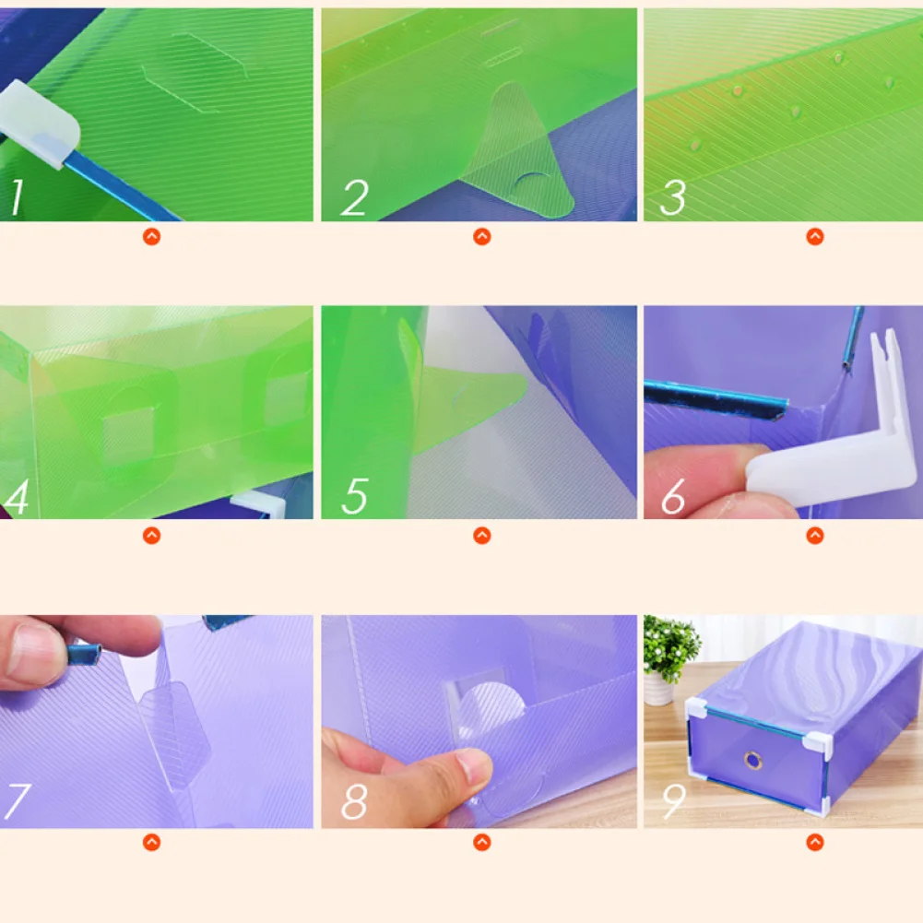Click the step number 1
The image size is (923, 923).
click(17, 196)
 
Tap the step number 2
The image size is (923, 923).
click(355, 197)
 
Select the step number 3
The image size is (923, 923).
click(673, 197)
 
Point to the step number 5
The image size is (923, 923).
click(355, 496)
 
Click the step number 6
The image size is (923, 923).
click(673, 496)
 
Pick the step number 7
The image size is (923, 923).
click(17, 801)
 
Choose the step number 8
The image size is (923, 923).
click(354, 801)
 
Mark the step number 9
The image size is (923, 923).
click(674, 801)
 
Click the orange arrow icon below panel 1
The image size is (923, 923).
click(152, 237)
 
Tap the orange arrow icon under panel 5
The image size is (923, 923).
click(482, 536)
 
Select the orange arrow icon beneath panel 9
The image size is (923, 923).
click(815, 843)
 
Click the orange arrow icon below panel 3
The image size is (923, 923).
click(815, 237)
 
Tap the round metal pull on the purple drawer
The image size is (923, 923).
click(753, 761)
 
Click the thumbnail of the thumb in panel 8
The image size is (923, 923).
click(473, 766)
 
